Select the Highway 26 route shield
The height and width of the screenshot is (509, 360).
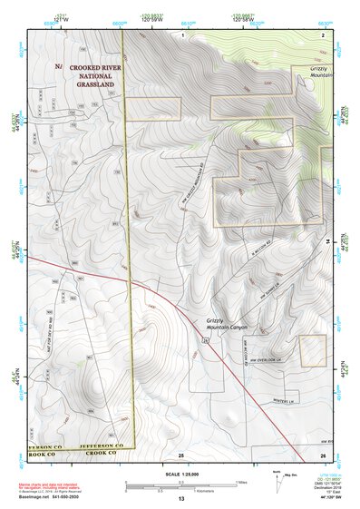point(206,339)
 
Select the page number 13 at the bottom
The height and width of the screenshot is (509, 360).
point(181,500)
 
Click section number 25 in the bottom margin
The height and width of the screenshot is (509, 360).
point(181,453)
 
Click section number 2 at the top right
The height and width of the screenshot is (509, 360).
point(323,34)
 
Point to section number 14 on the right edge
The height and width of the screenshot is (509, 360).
point(328,241)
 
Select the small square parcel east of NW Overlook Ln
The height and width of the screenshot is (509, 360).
point(313,350)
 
